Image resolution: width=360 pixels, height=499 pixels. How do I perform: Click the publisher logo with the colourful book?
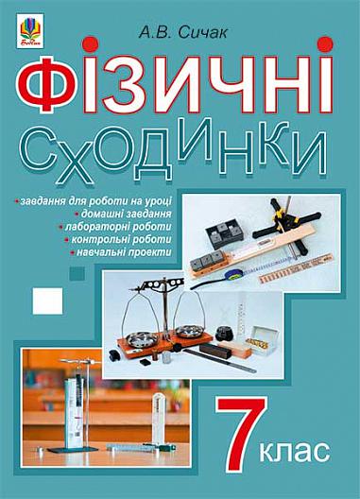tap(30, 31)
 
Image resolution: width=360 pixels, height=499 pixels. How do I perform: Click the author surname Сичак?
tap(203, 33)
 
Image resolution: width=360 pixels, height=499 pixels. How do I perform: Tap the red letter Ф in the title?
tap(47, 84)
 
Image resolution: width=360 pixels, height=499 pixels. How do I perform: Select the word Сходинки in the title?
tap(174, 149)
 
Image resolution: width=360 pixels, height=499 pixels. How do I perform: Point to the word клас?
tap(295, 450)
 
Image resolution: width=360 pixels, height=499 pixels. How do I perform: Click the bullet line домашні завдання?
tap(124, 214)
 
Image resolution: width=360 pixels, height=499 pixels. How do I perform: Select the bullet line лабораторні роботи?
tap(115, 227)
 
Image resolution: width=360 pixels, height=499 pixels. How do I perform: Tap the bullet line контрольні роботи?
tap(118, 239)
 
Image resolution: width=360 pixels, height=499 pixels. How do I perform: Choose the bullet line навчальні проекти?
tap(121, 252)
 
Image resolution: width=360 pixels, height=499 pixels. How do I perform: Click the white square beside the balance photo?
tap(48, 301)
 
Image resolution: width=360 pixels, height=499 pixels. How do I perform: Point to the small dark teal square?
tap(77, 274)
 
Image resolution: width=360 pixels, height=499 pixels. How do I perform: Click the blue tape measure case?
tap(234, 275)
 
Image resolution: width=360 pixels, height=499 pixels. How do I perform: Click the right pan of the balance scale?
tap(189, 331)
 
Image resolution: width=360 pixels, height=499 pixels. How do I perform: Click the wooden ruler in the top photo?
tap(296, 268)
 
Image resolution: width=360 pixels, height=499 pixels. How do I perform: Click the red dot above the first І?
tap(89, 44)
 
